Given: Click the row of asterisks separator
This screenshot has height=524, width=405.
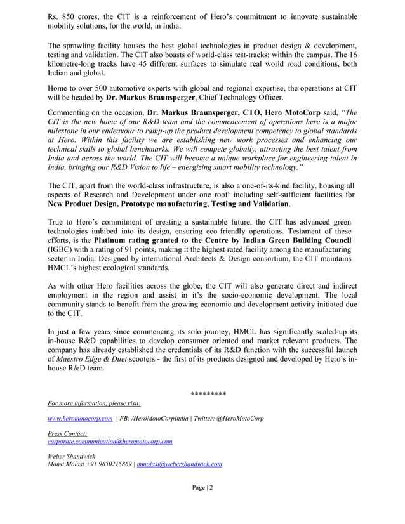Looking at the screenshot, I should [208, 394].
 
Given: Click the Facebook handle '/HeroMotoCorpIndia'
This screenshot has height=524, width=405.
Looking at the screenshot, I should [159, 419].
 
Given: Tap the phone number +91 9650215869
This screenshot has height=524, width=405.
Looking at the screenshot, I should [106, 464].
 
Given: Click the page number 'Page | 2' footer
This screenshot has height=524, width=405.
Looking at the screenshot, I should [202, 487].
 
